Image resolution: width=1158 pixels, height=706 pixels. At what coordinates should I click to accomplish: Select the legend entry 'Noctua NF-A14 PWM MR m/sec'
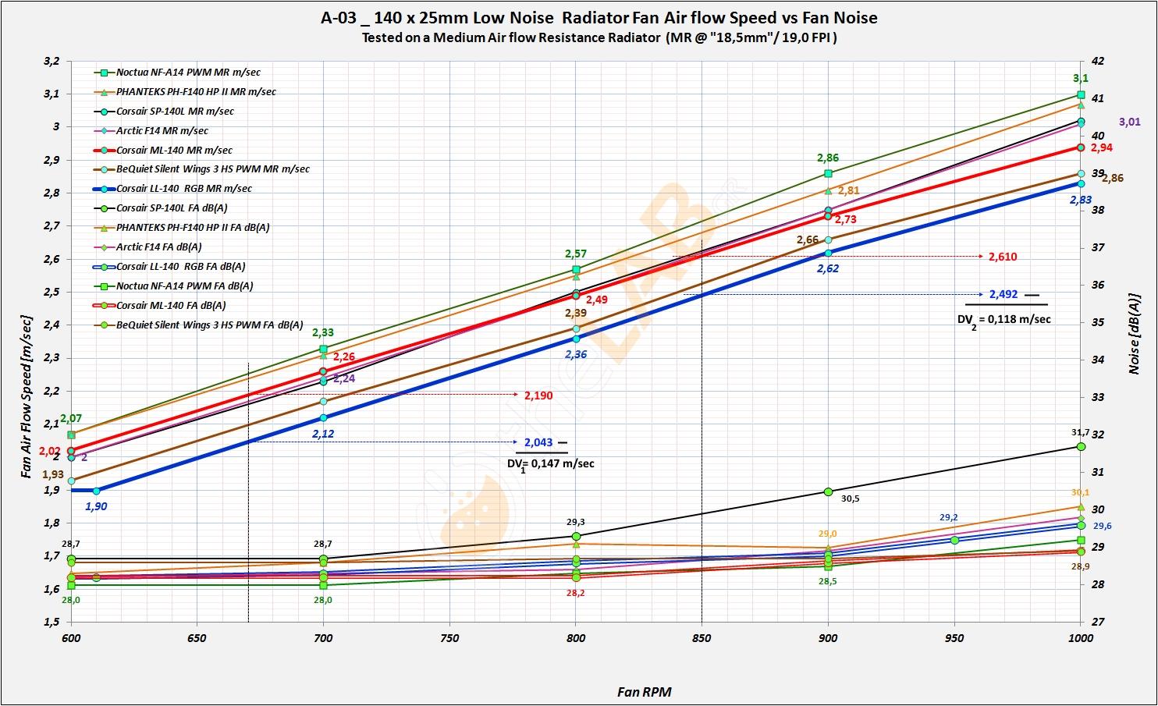[x=188, y=73]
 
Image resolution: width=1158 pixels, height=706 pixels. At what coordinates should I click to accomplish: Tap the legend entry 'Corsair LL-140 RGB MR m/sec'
[x=183, y=189]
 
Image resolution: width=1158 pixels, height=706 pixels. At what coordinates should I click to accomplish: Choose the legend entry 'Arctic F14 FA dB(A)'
[x=158, y=247]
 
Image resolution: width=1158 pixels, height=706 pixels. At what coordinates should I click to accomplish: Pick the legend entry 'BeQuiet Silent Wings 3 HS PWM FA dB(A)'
[x=209, y=325]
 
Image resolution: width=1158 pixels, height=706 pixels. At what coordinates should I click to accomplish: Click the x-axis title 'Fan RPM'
[x=644, y=691]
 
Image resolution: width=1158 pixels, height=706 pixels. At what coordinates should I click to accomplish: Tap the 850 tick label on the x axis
[x=702, y=638]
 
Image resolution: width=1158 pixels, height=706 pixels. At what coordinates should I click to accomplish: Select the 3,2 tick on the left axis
[x=52, y=61]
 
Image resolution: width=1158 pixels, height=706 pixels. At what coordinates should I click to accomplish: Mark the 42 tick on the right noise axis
[x=1097, y=61]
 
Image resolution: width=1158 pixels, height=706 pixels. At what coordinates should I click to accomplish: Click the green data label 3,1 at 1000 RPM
[x=1080, y=78]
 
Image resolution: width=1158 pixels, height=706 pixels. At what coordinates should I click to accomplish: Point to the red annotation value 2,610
[x=1003, y=257]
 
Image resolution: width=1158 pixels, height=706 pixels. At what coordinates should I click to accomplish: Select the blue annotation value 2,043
[x=538, y=442]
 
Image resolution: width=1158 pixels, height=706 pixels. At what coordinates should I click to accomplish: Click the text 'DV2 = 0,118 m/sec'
[x=1003, y=319]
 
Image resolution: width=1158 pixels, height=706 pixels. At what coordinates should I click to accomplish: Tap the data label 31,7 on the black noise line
[x=1080, y=432]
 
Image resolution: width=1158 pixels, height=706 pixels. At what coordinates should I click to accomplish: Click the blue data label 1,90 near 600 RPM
[x=96, y=506]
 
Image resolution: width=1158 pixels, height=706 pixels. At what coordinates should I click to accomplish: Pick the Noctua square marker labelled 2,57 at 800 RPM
[x=576, y=269]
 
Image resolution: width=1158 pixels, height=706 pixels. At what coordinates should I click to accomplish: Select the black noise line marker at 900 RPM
[x=828, y=491]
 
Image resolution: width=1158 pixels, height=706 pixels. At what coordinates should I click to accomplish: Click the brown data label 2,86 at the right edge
[x=1111, y=179]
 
